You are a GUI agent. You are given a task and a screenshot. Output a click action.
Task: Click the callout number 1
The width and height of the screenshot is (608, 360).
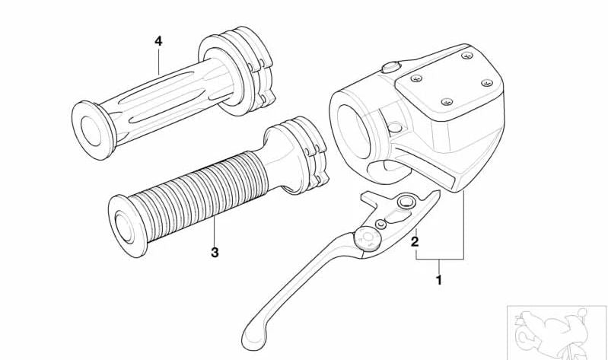(x=438, y=279)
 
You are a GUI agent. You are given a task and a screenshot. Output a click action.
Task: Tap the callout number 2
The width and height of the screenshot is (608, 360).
(x=415, y=242)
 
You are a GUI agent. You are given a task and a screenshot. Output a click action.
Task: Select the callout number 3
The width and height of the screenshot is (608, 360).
(x=215, y=253)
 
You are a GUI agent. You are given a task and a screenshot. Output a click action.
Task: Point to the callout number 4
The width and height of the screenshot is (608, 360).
(x=158, y=41)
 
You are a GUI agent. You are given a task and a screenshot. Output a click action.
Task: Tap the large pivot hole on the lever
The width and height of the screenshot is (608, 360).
(x=403, y=202)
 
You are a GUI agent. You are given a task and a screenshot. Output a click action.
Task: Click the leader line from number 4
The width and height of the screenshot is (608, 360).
(x=158, y=61)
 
